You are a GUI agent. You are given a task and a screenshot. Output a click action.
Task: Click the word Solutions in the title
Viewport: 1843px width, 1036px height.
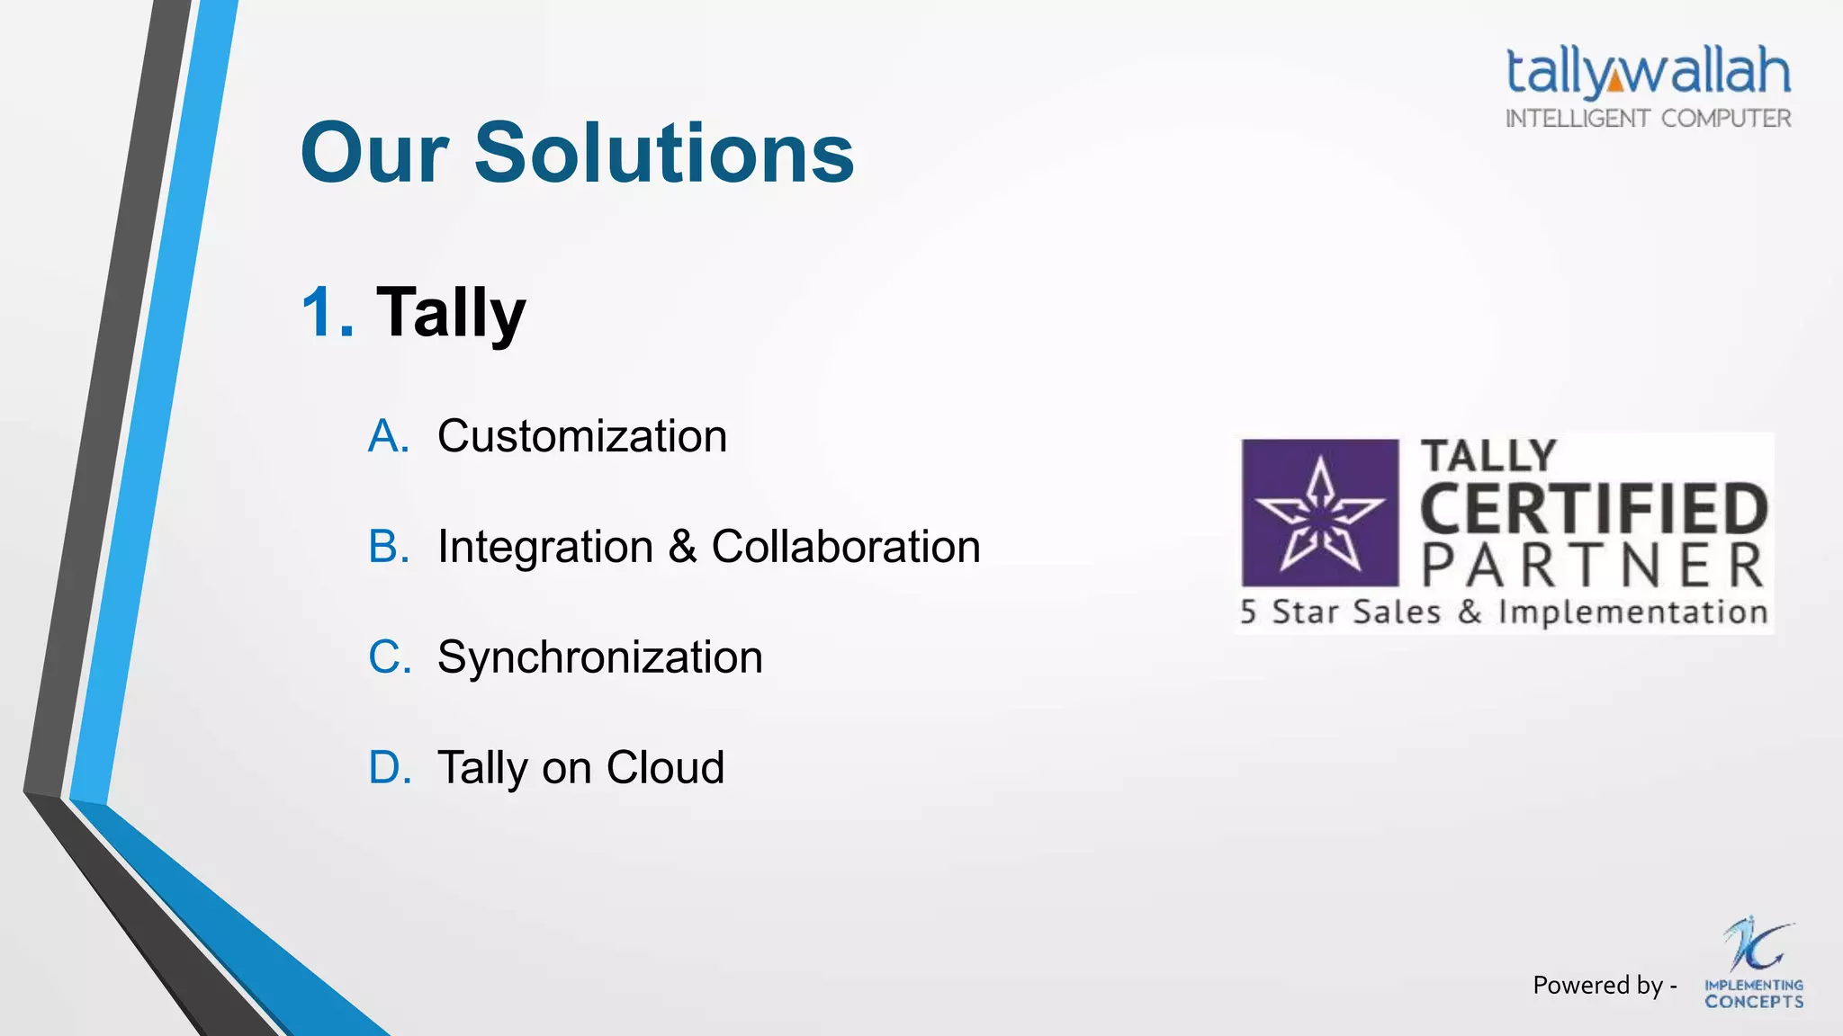(663, 153)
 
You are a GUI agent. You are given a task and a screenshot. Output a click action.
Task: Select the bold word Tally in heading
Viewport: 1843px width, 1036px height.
(450, 313)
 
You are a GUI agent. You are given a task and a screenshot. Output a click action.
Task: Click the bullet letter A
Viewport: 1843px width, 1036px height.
(388, 436)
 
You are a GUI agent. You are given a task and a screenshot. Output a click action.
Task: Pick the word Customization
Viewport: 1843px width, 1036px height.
(581, 436)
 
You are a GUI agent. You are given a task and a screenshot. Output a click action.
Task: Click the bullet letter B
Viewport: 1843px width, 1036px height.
(388, 547)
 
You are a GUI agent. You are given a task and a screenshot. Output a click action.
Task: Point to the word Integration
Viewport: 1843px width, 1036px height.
(545, 547)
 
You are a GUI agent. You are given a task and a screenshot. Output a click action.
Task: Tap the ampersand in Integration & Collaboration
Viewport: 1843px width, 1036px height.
(682, 547)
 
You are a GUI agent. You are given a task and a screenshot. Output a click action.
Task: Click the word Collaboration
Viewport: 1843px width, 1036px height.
(845, 547)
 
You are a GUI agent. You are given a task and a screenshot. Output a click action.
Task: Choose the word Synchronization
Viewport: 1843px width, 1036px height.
(599, 657)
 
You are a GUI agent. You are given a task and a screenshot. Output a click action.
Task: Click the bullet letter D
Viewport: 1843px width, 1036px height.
(389, 768)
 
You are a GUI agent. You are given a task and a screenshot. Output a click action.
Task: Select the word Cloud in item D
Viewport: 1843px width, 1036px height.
(665, 768)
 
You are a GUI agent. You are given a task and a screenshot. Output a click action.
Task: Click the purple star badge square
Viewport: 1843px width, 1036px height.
(1319, 513)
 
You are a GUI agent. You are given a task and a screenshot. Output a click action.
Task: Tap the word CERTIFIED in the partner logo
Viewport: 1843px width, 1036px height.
(1594, 509)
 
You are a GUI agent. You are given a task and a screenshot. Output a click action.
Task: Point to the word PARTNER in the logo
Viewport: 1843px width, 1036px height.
(1593, 566)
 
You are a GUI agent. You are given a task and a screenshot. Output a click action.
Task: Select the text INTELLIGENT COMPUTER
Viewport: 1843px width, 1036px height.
(1648, 119)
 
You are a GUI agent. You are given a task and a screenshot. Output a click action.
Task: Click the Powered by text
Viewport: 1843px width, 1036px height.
(1603, 986)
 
